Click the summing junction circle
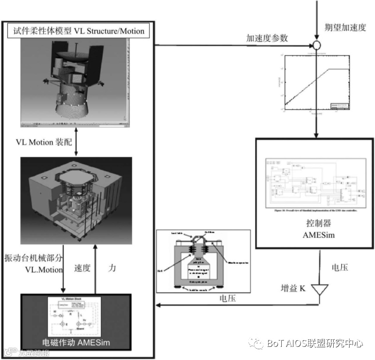click(x=317, y=45)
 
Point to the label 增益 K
click(x=292, y=288)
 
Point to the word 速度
click(x=82, y=269)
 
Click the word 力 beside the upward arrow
click(x=111, y=269)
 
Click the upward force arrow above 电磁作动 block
click(x=95, y=267)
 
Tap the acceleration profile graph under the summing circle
click(x=316, y=82)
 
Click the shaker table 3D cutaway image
click(x=76, y=199)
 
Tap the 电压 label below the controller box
click(x=339, y=268)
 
